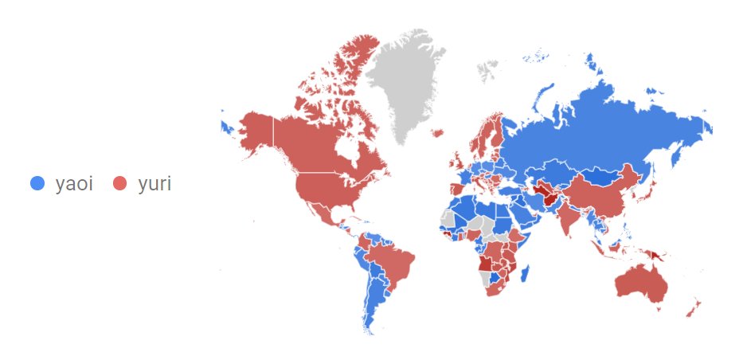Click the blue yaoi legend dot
[37, 184]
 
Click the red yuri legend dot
[120, 184]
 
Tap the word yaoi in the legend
[74, 184]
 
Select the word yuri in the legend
[154, 184]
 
